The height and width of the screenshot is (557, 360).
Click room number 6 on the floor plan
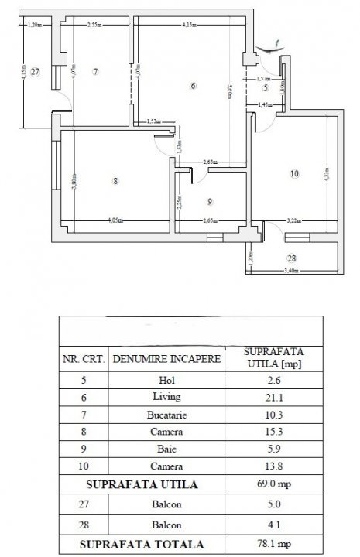[x=193, y=86]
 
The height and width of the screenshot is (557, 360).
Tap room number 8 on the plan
[x=115, y=182]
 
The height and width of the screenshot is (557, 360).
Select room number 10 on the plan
[x=293, y=174]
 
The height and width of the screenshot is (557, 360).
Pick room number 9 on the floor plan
[x=209, y=202]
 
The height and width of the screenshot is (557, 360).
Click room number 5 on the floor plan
[x=265, y=87]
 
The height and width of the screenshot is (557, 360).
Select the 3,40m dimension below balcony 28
[x=290, y=272]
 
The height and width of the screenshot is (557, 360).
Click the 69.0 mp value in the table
[x=271, y=484]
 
